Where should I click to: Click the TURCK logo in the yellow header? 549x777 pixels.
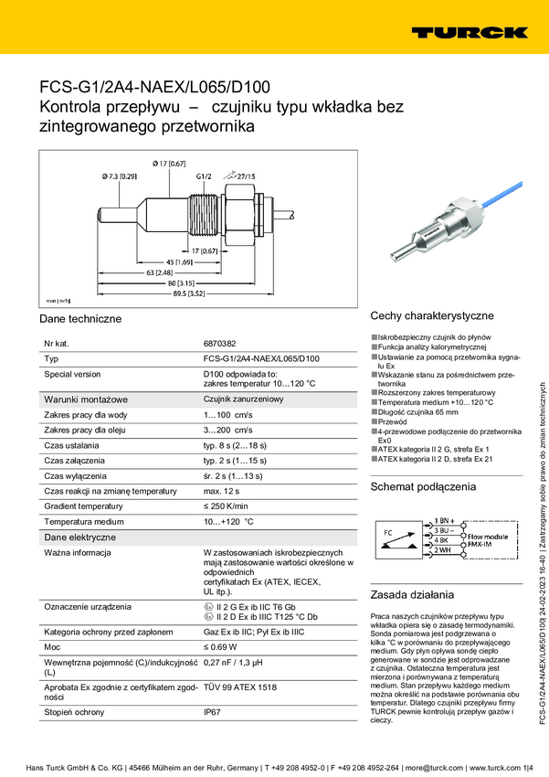click(x=468, y=32)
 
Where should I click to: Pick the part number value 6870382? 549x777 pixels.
click(x=220, y=343)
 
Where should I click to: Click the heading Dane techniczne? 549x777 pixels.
click(x=79, y=319)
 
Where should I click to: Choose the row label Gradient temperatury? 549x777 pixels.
click(x=84, y=506)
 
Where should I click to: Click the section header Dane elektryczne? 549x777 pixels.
click(x=79, y=538)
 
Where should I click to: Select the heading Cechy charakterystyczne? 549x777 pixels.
click(x=431, y=314)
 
